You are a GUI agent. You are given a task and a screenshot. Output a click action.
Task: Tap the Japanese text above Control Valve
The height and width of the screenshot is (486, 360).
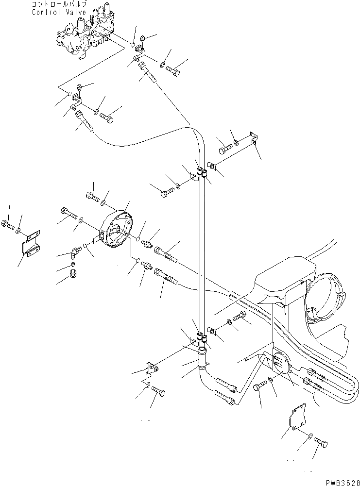pyautogui.click(x=59, y=4)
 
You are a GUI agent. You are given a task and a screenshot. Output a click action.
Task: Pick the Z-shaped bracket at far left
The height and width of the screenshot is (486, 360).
pyautogui.click(x=31, y=243)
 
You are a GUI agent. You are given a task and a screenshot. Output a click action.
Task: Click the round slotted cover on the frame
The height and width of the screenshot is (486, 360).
pyautogui.click(x=280, y=362)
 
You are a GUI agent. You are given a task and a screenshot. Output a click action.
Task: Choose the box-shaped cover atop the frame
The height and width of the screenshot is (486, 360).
pyautogui.click(x=285, y=279)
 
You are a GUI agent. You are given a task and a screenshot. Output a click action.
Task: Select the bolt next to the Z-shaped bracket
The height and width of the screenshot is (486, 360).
pyautogui.click(x=7, y=225)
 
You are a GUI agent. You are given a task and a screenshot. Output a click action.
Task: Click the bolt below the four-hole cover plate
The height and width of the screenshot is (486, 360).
pyautogui.click(x=321, y=442)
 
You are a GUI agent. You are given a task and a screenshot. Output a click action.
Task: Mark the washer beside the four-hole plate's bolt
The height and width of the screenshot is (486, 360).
pyautogui.click(x=310, y=437)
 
